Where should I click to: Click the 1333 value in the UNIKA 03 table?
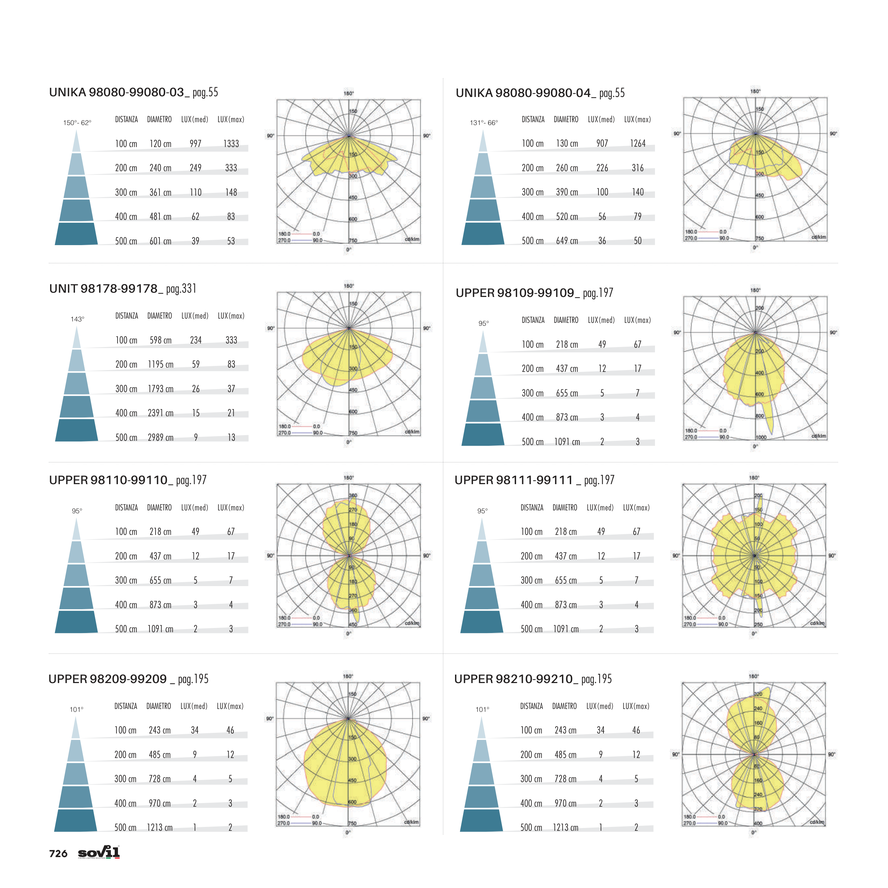tap(231, 144)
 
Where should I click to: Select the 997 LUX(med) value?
tap(195, 144)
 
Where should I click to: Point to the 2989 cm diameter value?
tap(161, 438)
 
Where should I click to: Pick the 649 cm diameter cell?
tap(567, 241)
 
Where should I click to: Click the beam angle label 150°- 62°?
tap(77, 123)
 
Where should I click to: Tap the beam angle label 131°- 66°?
tap(483, 123)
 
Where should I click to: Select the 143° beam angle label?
tap(77, 319)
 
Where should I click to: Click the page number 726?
tap(58, 854)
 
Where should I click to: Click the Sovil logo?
tap(99, 852)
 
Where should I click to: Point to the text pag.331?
tap(181, 289)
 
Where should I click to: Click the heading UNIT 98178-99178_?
tap(106, 289)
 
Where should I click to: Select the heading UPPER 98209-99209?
tap(108, 679)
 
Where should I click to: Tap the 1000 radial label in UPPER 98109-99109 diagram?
tap(761, 437)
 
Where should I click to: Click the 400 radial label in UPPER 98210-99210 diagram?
tap(758, 823)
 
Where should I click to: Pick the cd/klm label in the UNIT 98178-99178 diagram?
tap(412, 432)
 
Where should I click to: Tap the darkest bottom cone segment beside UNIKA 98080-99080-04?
tap(483, 233)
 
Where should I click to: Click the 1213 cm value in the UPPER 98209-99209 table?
tap(159, 827)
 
